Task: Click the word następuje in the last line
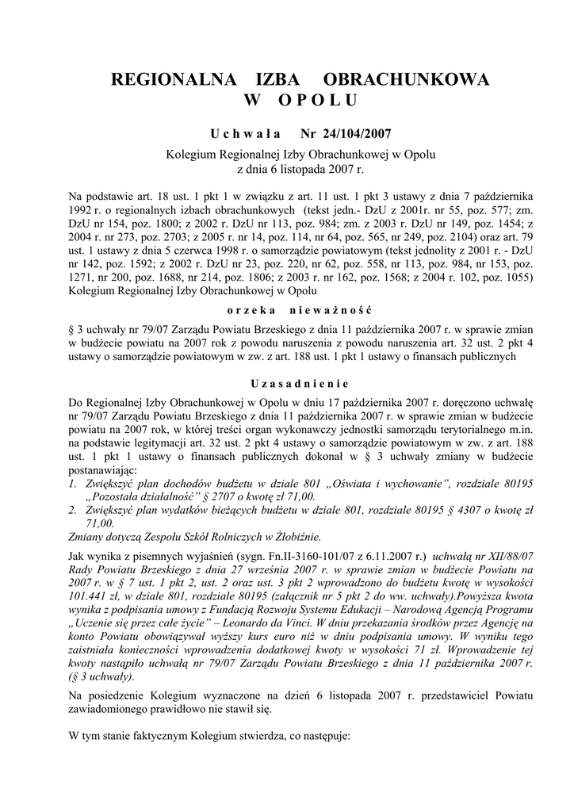point(326,736)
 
